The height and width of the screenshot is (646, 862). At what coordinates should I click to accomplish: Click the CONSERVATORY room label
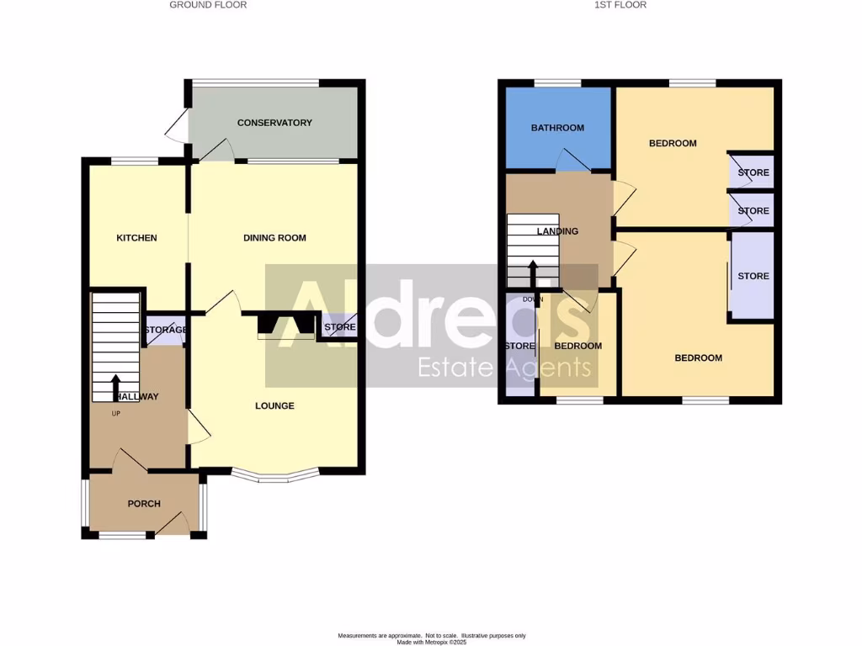pos(274,123)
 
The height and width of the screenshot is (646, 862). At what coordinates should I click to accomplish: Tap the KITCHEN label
pos(136,238)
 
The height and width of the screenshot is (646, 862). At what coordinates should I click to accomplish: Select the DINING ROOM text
pos(274,238)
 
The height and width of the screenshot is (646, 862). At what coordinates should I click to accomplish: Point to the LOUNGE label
pos(275,405)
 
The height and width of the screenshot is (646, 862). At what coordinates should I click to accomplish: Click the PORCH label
pos(144,504)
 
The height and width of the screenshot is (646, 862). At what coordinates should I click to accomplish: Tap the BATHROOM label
pos(557,128)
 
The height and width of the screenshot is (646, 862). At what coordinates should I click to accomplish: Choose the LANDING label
pos(558,231)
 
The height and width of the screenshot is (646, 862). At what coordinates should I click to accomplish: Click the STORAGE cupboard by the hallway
pos(165,331)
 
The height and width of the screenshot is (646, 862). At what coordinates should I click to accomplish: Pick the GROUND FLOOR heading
pos(208,5)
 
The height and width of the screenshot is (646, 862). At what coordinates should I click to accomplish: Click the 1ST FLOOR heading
pos(620,5)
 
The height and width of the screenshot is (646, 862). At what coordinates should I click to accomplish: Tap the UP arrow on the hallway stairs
pos(115,387)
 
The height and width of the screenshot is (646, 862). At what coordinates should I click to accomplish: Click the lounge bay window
pos(275,478)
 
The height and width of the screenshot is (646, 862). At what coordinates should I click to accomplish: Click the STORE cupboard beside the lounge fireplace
pos(339,327)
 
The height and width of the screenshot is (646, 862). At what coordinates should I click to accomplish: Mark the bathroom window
pos(557,82)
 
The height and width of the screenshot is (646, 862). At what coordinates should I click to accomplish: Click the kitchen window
pos(136,161)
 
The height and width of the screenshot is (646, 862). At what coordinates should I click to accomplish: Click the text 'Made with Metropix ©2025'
pos(431,641)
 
